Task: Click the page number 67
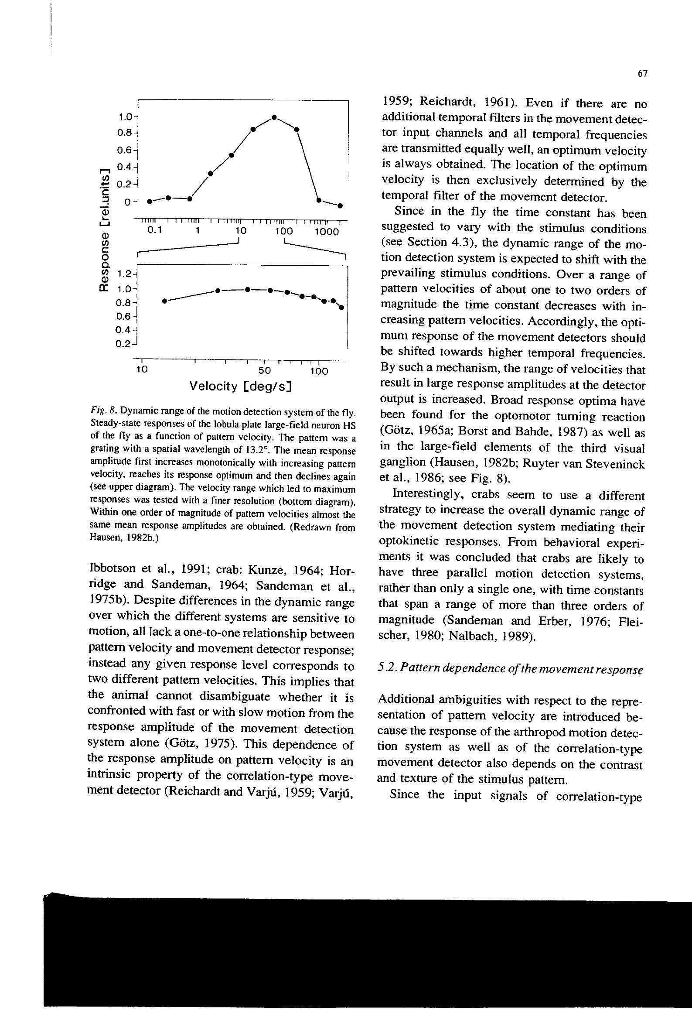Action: [x=642, y=74]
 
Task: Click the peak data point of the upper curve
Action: [x=274, y=117]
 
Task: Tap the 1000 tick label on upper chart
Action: [x=327, y=232]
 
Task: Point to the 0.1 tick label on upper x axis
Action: [x=154, y=230]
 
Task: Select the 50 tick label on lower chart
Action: [x=265, y=371]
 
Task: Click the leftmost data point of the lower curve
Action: [x=164, y=301]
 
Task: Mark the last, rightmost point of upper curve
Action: [x=341, y=205]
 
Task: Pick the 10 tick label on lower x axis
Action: [x=142, y=370]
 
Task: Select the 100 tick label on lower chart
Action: [x=319, y=371]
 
